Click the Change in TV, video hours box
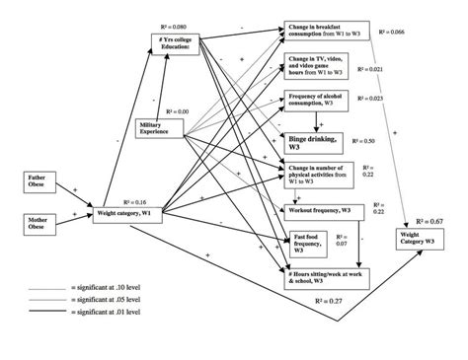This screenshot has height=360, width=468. point(318,65)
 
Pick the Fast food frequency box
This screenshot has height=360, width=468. point(312,243)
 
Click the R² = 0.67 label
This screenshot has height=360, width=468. point(434,222)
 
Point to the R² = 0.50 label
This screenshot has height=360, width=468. point(390,143)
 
